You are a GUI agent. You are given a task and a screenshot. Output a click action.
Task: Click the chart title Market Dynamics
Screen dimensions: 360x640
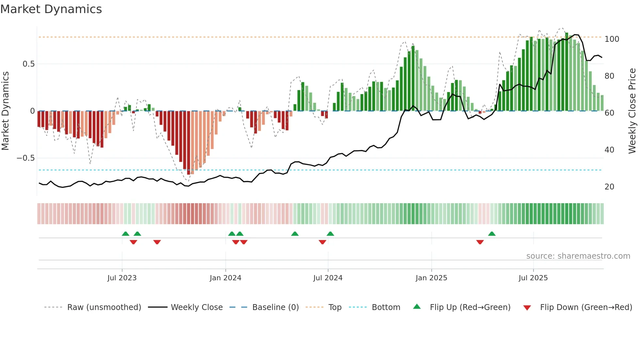(51, 9)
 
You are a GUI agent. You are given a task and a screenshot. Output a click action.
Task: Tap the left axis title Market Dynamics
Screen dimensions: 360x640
(5, 111)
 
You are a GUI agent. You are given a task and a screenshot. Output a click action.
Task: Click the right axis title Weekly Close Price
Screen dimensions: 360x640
(632, 111)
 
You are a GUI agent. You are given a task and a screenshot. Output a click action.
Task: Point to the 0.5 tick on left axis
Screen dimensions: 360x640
(28, 64)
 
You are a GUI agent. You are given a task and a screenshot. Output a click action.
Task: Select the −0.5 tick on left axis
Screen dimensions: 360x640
(25, 158)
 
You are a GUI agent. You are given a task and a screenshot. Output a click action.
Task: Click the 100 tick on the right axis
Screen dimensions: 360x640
(612, 39)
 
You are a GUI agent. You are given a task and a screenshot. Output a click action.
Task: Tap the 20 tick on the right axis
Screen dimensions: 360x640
(609, 187)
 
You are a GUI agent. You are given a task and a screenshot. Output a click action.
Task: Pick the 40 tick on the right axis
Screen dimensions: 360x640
(609, 150)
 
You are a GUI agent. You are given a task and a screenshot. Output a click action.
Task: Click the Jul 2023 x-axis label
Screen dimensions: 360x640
(122, 278)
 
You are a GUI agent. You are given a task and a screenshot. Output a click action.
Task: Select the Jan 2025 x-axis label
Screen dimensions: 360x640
(431, 278)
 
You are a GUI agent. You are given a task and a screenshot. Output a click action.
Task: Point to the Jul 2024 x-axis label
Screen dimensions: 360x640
(328, 278)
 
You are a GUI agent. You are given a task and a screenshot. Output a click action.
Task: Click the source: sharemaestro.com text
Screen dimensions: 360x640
(578, 256)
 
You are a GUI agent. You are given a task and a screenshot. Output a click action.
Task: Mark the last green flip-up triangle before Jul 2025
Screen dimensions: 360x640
(492, 234)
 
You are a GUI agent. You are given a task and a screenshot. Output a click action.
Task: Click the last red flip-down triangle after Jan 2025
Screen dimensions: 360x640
(480, 242)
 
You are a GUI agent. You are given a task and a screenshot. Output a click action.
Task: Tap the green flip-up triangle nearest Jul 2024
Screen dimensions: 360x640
(330, 234)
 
